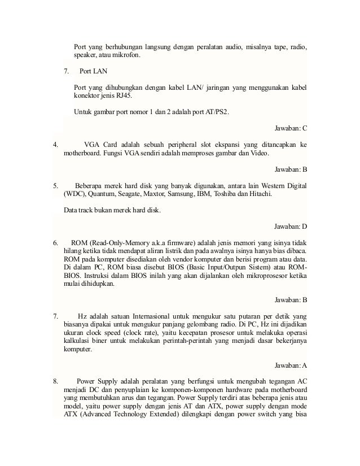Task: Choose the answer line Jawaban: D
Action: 289,227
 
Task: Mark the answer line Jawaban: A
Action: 289,364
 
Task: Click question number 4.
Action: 55,144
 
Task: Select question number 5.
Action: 55,185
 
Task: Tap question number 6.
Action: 55,242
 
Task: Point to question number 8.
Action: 55,380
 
